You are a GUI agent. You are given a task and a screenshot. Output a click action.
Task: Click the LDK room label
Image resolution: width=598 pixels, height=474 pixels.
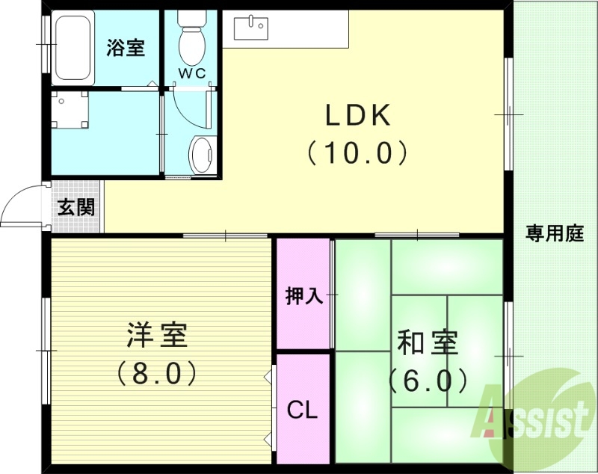click(x=357, y=116)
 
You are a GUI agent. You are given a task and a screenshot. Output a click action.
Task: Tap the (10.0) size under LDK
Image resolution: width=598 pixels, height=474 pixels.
click(x=357, y=153)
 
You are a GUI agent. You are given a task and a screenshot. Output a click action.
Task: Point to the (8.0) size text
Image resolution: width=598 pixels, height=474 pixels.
click(x=157, y=372)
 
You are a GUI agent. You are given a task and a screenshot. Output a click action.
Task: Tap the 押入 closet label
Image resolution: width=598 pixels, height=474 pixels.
click(x=303, y=296)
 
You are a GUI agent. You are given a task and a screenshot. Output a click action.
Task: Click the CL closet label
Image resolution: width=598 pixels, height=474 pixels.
click(x=303, y=410)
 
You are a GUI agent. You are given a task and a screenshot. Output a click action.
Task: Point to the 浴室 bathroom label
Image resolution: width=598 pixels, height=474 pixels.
click(x=126, y=48)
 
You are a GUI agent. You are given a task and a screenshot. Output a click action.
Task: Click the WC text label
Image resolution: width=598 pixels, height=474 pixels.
click(x=191, y=73)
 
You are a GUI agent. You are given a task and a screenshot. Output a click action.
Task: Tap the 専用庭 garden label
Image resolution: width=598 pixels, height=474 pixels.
click(x=555, y=233)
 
